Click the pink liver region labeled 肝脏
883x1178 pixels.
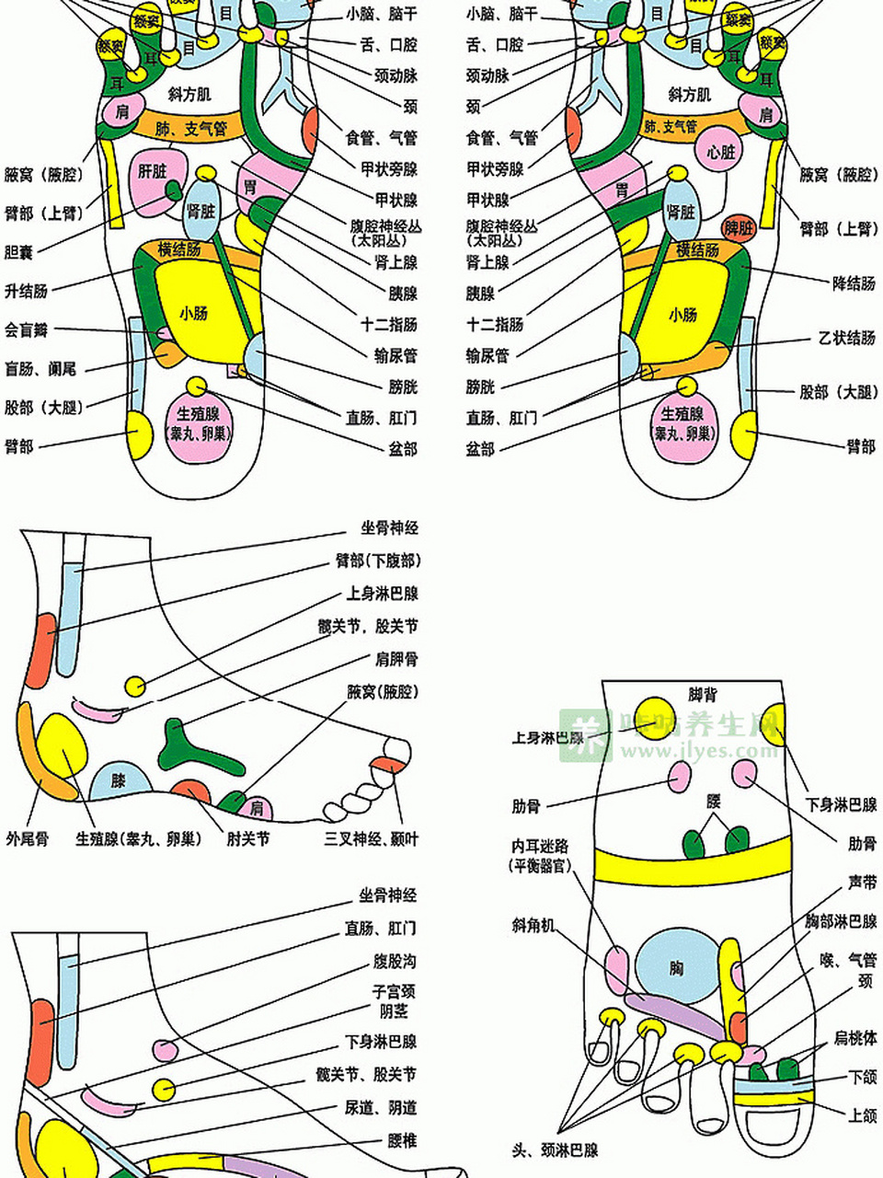(x=151, y=175)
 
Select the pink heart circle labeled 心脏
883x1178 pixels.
(x=720, y=153)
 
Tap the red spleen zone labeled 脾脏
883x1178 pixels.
(x=738, y=228)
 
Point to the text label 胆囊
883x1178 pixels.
(x=18, y=251)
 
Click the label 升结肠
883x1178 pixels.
(x=26, y=291)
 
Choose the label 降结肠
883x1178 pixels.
(x=854, y=283)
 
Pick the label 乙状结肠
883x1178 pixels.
(x=847, y=338)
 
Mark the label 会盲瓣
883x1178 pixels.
(x=26, y=329)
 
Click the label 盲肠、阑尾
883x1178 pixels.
(x=40, y=369)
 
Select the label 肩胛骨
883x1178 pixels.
(x=396, y=659)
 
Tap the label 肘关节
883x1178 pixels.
(x=248, y=838)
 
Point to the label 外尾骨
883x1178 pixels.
(x=27, y=838)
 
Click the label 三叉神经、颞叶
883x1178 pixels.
(x=371, y=838)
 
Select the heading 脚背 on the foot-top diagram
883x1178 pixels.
(x=703, y=695)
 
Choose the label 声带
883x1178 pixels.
(x=862, y=882)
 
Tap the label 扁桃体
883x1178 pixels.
(x=854, y=1038)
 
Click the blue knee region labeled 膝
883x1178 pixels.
(x=119, y=781)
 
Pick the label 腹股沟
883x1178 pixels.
(x=395, y=961)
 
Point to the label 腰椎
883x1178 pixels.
(x=402, y=1140)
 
